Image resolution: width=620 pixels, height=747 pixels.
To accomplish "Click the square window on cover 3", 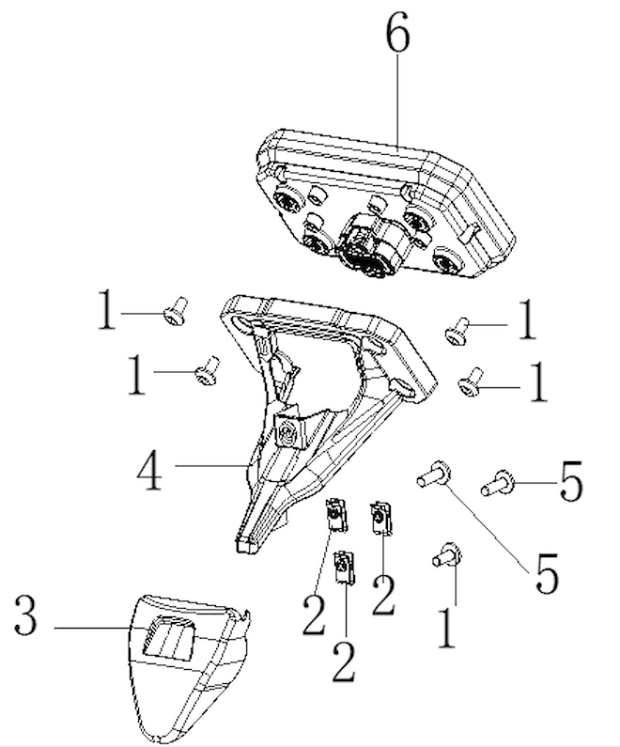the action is [169, 637].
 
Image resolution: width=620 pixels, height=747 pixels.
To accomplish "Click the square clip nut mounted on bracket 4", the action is [287, 430].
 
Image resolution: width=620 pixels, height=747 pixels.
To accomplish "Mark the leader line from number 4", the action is [212, 465].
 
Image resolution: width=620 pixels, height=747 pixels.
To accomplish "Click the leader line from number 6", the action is [398, 101].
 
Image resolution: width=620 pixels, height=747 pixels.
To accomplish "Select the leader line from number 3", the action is [92, 629].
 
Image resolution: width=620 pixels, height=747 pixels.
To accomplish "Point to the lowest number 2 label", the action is [344, 661].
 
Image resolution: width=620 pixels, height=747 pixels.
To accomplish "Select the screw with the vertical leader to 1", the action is [447, 555].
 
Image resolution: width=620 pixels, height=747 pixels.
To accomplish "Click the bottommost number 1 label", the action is [446, 628].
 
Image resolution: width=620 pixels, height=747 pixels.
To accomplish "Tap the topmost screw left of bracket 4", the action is [176, 311].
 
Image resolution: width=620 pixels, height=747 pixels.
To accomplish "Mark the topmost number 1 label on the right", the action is [527, 319].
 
